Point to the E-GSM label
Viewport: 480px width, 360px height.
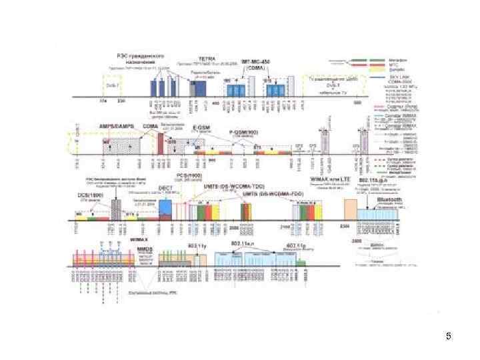pyautogui.click(x=203, y=126)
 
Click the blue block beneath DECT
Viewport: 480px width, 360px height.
pyautogui.click(x=165, y=207)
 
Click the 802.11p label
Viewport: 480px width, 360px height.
pyautogui.click(x=295, y=245)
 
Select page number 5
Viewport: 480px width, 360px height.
pyautogui.click(x=449, y=337)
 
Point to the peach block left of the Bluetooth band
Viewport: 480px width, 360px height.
pyautogui.click(x=350, y=209)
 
